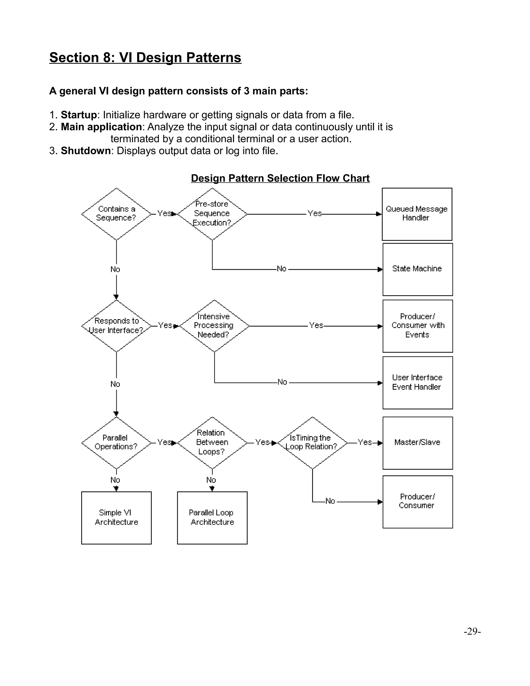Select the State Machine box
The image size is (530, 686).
pyautogui.click(x=417, y=269)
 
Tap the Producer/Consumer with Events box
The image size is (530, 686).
pyautogui.click(x=417, y=326)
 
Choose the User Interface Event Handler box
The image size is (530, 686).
pyautogui.click(x=417, y=383)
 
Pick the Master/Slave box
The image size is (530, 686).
pyautogui.click(x=417, y=443)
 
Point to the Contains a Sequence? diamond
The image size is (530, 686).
pyautogui.click(x=116, y=214)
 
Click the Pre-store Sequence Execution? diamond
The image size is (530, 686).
pyautogui.click(x=212, y=214)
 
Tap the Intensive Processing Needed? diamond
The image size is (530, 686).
pyautogui.click(x=214, y=326)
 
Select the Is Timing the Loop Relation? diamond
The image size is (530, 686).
pyautogui.click(x=312, y=443)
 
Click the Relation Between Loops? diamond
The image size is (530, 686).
pyautogui.click(x=212, y=443)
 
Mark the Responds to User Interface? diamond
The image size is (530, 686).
pyautogui.click(x=116, y=326)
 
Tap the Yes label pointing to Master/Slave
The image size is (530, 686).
pyautogui.click(x=365, y=442)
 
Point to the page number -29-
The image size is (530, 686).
pyautogui.click(x=472, y=631)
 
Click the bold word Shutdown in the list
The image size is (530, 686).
pyautogui.click(x=85, y=151)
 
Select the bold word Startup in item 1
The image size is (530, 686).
pyautogui.click(x=78, y=115)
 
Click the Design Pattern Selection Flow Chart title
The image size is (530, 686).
pyautogui.click(x=280, y=178)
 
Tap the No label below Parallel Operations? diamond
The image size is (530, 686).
pyautogui.click(x=115, y=480)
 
